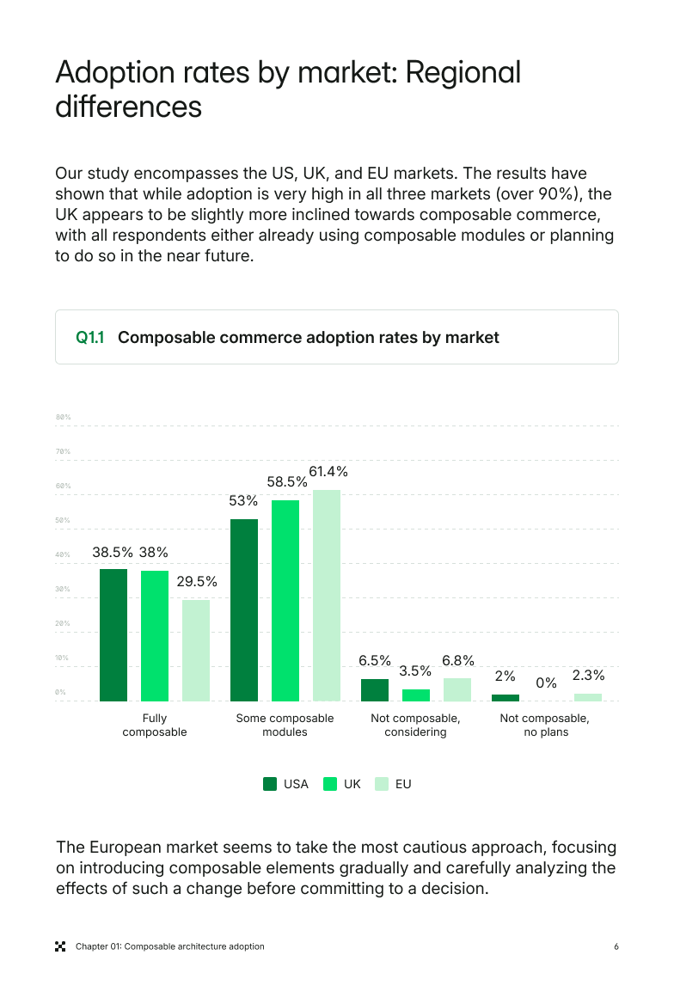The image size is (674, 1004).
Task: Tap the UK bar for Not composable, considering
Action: point(416,695)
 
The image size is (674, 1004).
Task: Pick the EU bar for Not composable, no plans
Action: point(588,697)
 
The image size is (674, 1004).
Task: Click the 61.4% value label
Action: point(328,472)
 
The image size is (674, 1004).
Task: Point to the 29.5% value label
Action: point(197,581)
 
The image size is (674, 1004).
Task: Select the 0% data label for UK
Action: point(547,683)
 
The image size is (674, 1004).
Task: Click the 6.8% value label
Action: point(458,660)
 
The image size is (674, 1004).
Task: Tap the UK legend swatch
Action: point(330,784)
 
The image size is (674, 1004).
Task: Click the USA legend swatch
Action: point(270,784)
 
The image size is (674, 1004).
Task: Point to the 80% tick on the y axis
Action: point(63,417)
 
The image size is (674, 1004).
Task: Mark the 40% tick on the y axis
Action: point(63,554)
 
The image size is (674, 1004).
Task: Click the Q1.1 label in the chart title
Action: point(90,338)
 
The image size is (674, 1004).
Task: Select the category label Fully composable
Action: point(155,725)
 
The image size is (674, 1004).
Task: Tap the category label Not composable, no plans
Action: point(546,725)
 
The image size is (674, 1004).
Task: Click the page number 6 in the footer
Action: point(616,946)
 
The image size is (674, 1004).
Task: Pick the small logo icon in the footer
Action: point(60,946)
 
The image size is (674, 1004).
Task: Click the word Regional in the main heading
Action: point(463,72)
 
